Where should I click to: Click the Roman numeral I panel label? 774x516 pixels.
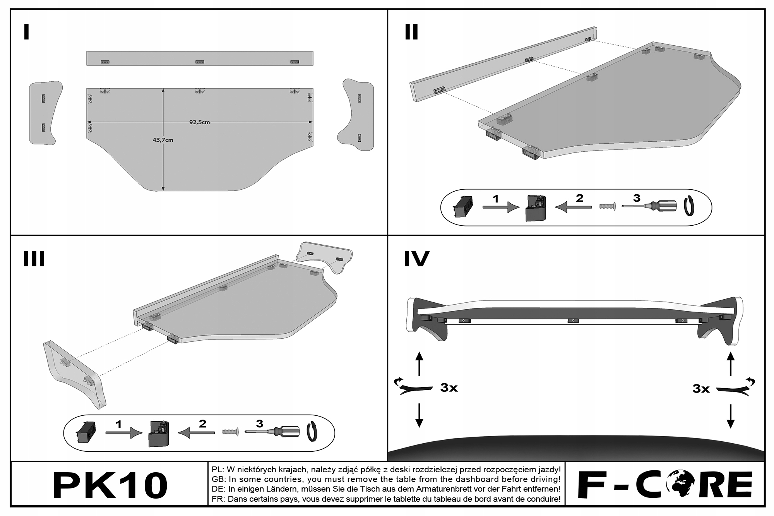(x=26, y=32)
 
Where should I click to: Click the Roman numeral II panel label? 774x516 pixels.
(x=411, y=32)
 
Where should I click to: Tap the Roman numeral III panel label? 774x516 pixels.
(x=34, y=259)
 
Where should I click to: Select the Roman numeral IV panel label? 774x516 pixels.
(x=416, y=259)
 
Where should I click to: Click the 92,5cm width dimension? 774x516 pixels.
(x=199, y=122)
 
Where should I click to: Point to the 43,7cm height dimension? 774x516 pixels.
(x=163, y=140)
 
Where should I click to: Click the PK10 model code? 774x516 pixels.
(x=110, y=485)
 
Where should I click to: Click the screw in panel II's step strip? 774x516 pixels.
(x=607, y=207)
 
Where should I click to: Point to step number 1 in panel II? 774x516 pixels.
(x=496, y=199)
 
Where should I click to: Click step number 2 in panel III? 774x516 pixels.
(x=202, y=423)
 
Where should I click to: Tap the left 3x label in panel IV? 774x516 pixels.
(x=449, y=387)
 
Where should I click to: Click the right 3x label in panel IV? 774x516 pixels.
(x=701, y=389)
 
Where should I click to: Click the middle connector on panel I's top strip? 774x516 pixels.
(x=200, y=62)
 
